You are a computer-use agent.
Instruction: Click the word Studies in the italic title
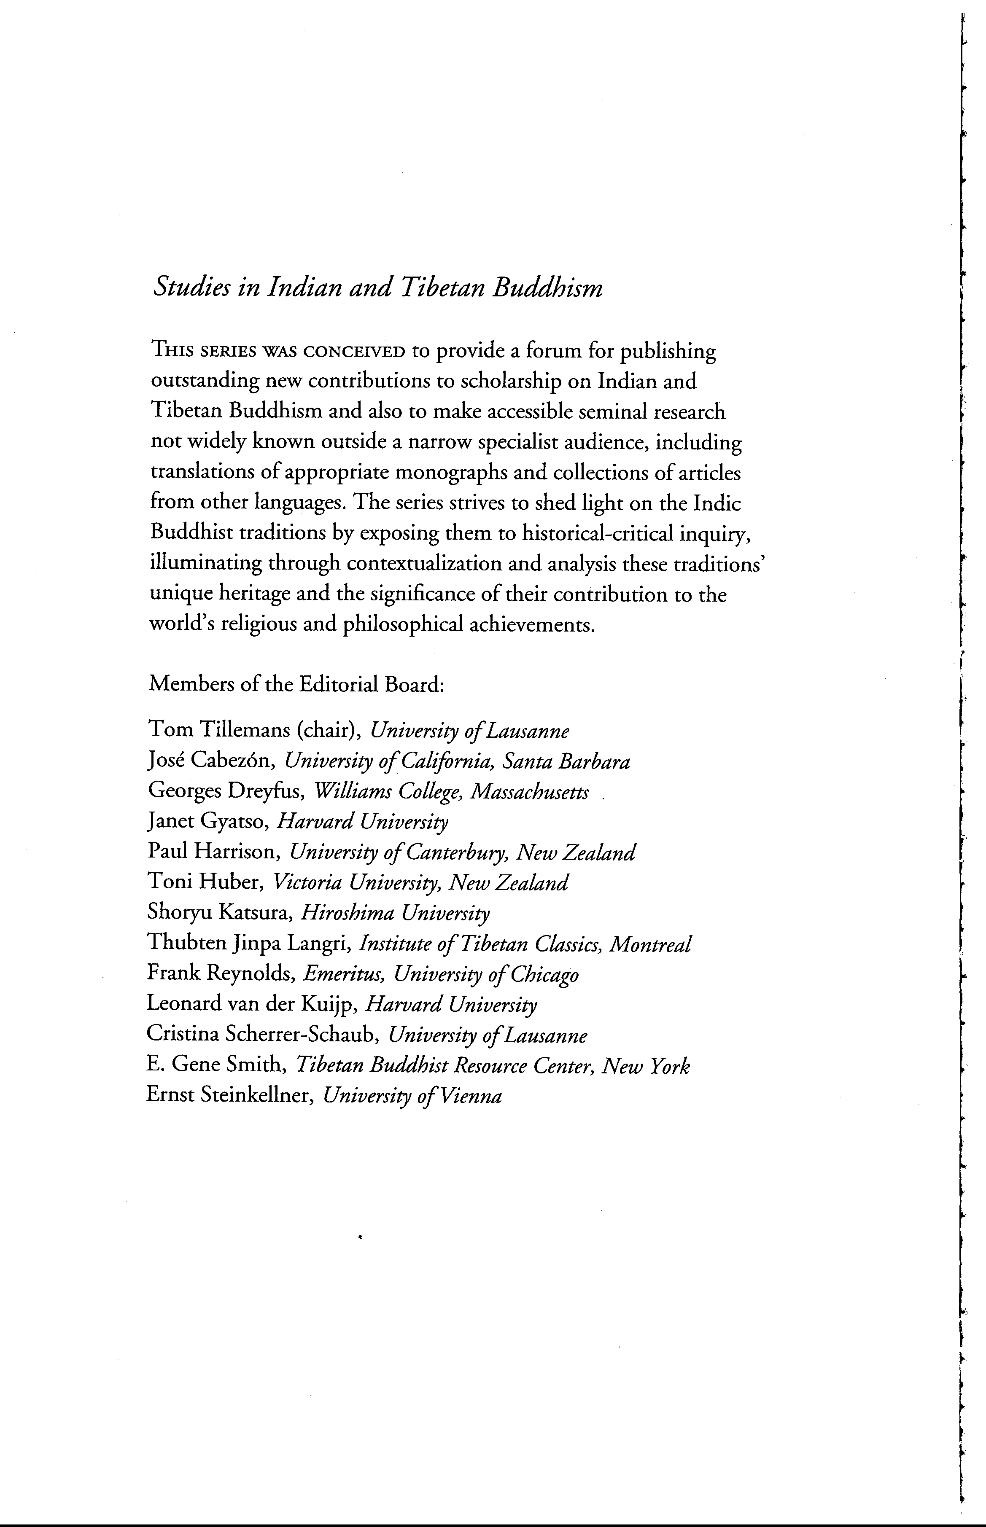click(x=190, y=289)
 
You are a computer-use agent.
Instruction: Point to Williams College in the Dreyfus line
click(x=389, y=792)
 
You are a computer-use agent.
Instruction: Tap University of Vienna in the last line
click(x=412, y=1096)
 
